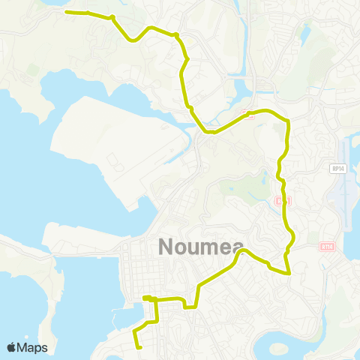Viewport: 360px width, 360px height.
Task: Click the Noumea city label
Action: click(196, 247)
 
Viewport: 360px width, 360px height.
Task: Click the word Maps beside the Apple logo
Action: click(32, 347)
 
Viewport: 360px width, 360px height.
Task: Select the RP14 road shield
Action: click(337, 169)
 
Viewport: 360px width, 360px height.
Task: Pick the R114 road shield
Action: click(326, 245)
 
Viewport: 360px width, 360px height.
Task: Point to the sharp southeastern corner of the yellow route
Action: click(289, 274)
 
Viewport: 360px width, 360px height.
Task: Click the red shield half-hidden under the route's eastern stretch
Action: click(280, 201)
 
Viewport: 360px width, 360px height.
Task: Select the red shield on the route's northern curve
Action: click(245, 113)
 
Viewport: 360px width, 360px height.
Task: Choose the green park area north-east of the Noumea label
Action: click(240, 187)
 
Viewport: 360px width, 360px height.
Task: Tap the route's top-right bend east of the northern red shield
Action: click(286, 119)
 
